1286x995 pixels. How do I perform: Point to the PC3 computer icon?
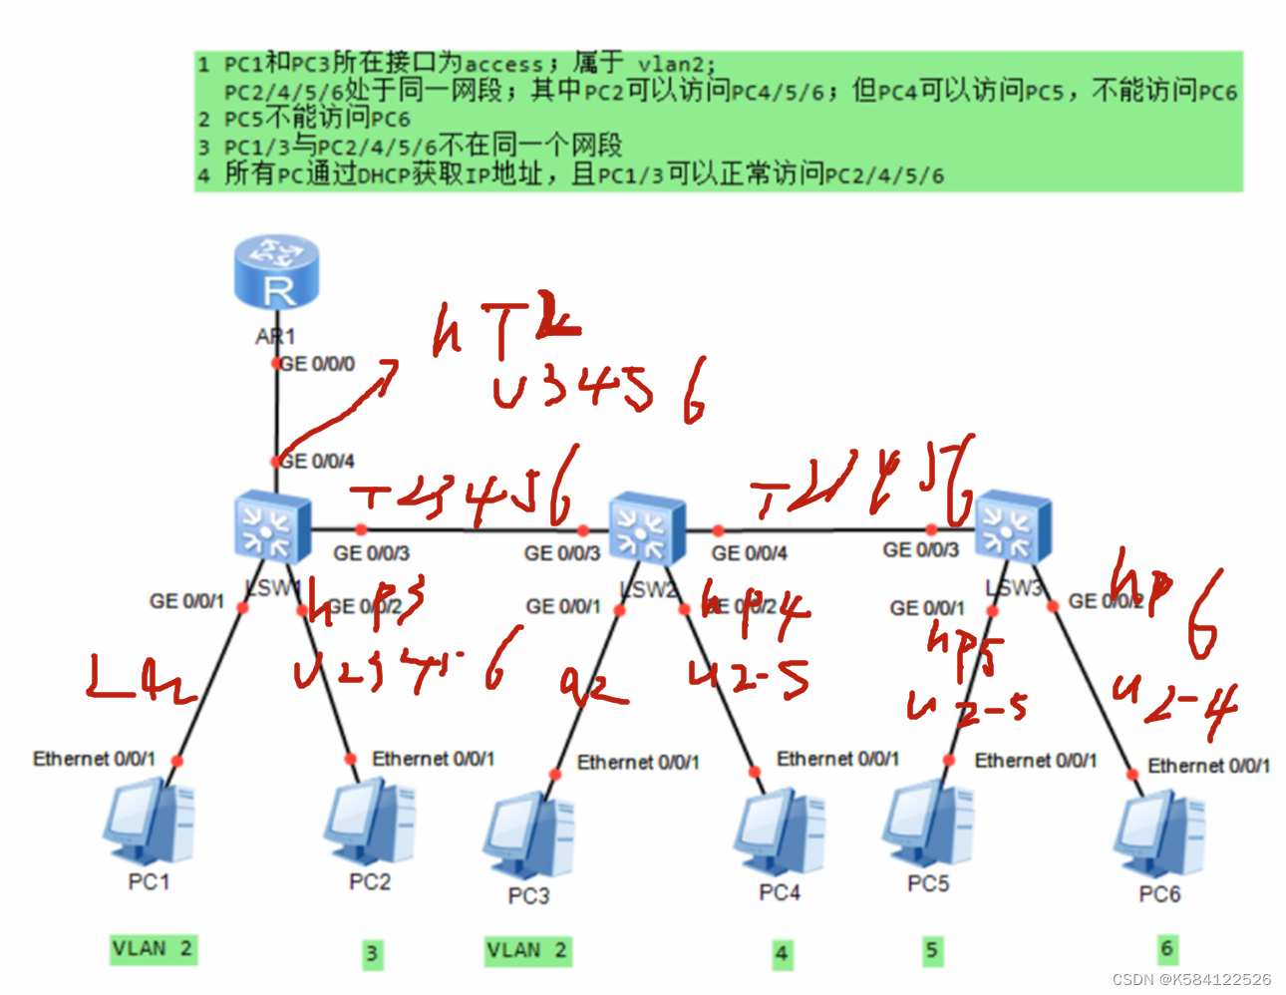pos(528,838)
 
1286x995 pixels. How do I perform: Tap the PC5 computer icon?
pos(927,827)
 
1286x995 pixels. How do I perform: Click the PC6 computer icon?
pos(1158,837)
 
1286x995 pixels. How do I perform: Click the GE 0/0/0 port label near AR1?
pos(317,365)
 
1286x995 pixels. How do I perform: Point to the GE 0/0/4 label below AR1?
pos(317,462)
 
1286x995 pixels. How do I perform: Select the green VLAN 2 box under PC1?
pos(153,948)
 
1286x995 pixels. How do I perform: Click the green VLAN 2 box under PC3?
pos(527,950)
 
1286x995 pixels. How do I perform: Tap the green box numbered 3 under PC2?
pos(372,954)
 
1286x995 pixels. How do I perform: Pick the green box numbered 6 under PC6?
pos(1167,947)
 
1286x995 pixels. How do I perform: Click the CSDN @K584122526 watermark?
pos(1191,979)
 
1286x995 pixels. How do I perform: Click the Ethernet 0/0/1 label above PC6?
pos(1208,766)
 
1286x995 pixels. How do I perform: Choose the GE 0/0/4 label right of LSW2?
pos(750,553)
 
